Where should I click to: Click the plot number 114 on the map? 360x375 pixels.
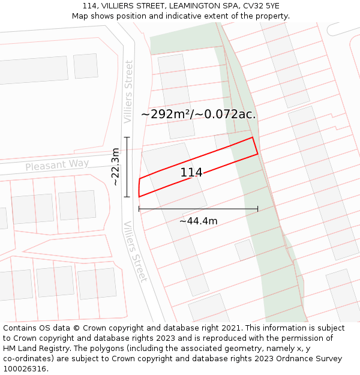pos(191,173)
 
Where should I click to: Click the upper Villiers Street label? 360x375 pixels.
pos(128,92)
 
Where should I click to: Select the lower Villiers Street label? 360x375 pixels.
pos(135,251)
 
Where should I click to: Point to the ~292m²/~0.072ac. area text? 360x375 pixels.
pos(199,114)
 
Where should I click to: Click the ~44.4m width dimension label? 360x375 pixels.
pos(198,221)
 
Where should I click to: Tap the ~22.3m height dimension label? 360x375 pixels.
pos(116,167)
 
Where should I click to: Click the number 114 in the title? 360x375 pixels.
pos(90,6)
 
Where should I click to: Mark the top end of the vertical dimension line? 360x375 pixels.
pos(127,137)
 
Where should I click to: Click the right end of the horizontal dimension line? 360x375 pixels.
pos(257,209)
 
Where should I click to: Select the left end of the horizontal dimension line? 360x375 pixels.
pos(139,209)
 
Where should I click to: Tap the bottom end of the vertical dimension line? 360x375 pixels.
pos(127,196)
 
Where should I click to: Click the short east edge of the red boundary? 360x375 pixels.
pos(255,146)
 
